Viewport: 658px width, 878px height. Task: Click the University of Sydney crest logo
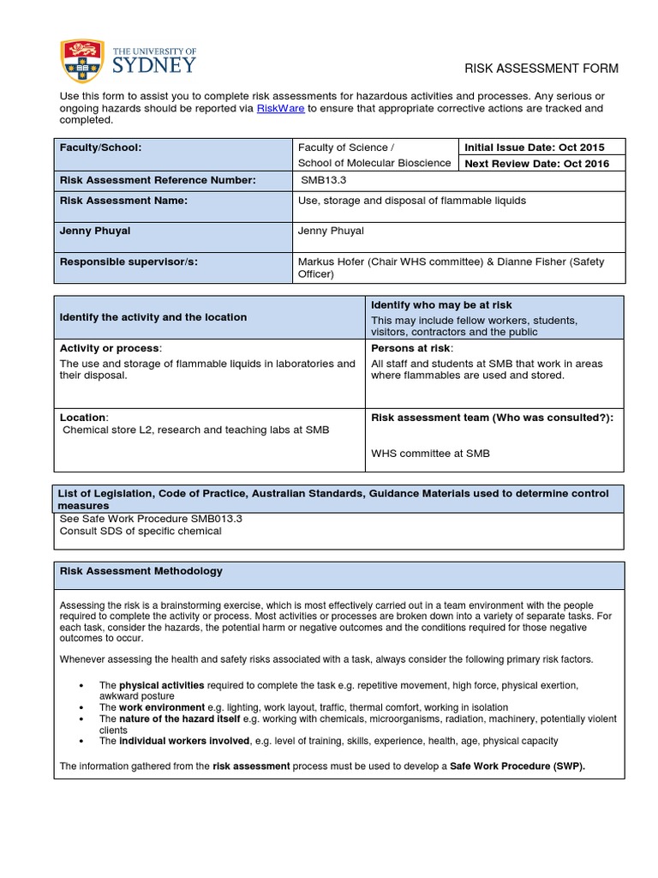click(78, 62)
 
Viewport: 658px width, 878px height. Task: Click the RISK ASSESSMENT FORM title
click(541, 69)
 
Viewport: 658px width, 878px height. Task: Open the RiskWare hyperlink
click(281, 109)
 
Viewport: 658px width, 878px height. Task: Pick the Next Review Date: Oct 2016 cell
click(536, 164)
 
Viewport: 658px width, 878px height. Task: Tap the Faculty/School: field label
click(100, 147)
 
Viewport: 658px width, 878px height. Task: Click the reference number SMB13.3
click(322, 180)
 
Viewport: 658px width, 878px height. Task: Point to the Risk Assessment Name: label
click(123, 201)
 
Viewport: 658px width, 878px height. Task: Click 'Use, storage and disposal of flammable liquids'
click(411, 201)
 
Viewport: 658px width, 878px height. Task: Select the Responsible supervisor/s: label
click(129, 262)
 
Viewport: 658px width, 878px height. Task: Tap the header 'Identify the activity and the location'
click(153, 317)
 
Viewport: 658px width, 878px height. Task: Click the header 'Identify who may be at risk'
click(441, 305)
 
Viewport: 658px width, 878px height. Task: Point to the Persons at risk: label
click(411, 348)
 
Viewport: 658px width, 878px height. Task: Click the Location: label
click(83, 417)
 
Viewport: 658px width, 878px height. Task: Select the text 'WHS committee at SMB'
click(430, 454)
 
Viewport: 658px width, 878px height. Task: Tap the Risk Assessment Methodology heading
click(141, 571)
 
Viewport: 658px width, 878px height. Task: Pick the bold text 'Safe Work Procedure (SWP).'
click(517, 767)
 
